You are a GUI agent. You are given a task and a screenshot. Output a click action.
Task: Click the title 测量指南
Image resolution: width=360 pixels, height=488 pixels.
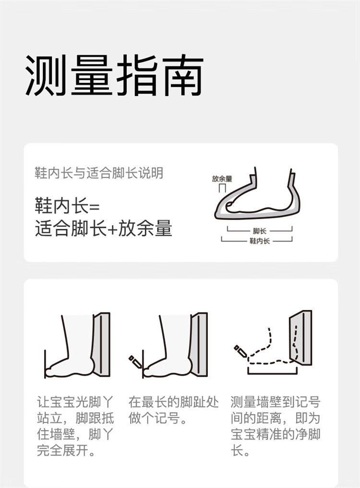(x=114, y=75)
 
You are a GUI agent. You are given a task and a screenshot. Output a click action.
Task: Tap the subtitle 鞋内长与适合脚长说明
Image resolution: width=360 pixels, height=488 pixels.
(x=99, y=173)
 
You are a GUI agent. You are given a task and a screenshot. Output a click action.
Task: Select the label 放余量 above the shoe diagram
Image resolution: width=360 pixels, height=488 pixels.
(x=222, y=179)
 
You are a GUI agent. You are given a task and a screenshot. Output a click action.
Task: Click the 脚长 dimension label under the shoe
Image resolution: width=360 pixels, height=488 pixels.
(x=259, y=231)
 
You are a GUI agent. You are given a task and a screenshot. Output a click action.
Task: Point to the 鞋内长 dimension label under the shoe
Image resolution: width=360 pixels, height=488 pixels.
(x=259, y=241)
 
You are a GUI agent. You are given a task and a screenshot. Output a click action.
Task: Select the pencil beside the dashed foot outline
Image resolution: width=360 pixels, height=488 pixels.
(x=240, y=351)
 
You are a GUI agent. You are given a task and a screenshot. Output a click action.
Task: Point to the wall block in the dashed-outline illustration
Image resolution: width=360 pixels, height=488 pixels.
(x=300, y=337)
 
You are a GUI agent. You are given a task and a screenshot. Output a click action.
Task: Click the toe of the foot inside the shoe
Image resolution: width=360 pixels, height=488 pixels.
(x=230, y=204)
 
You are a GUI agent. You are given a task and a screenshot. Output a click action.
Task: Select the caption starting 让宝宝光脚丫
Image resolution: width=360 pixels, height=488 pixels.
(x=75, y=426)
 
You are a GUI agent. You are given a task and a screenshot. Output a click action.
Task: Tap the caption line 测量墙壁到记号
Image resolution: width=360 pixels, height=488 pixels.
(x=276, y=402)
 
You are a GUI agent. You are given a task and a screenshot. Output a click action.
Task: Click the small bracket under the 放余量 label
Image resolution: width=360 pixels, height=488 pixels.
(x=222, y=189)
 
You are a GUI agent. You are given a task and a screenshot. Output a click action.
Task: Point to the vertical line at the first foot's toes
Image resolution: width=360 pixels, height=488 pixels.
(x=45, y=364)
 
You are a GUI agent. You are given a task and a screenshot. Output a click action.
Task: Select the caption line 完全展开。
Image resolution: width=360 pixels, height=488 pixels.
(x=66, y=450)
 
